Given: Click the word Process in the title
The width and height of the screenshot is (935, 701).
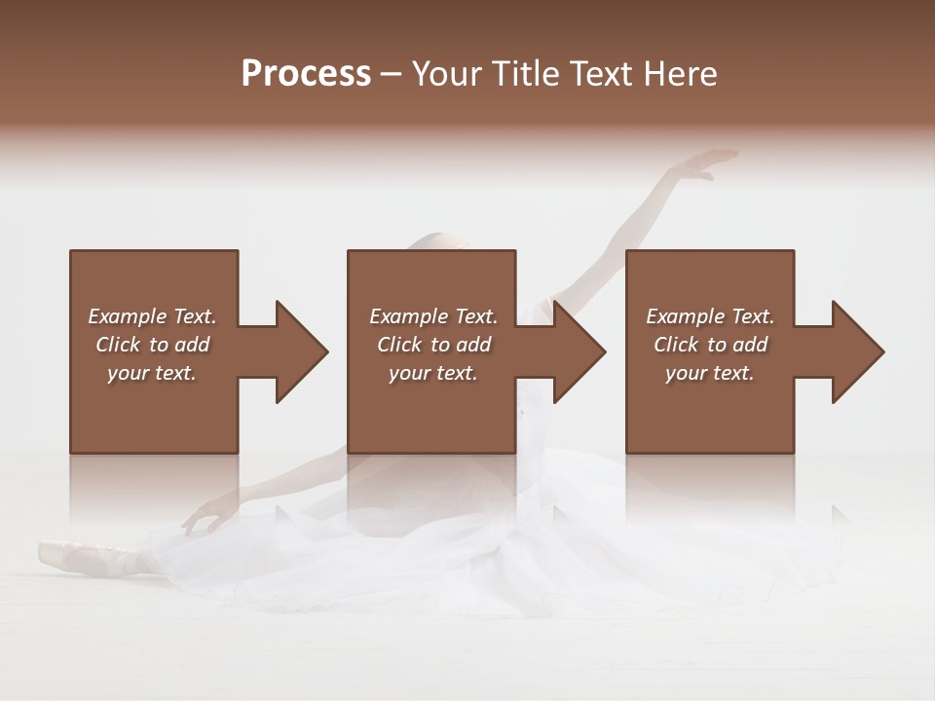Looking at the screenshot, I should (x=306, y=74).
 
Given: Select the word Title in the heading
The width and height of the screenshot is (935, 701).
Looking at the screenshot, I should (x=530, y=74).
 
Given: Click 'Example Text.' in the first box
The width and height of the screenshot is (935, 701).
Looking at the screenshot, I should (x=152, y=316).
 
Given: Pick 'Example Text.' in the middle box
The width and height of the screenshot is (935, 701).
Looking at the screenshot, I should (x=433, y=316).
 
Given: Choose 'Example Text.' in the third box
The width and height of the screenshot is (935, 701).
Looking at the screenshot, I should (x=710, y=316).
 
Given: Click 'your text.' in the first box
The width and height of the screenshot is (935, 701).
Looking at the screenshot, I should (x=152, y=373).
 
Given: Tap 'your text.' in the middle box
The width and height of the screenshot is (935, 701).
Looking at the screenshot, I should (x=433, y=373).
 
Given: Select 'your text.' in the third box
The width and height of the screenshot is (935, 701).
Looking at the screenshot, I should (x=710, y=373).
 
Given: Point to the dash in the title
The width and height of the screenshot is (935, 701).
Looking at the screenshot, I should (x=391, y=74).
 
